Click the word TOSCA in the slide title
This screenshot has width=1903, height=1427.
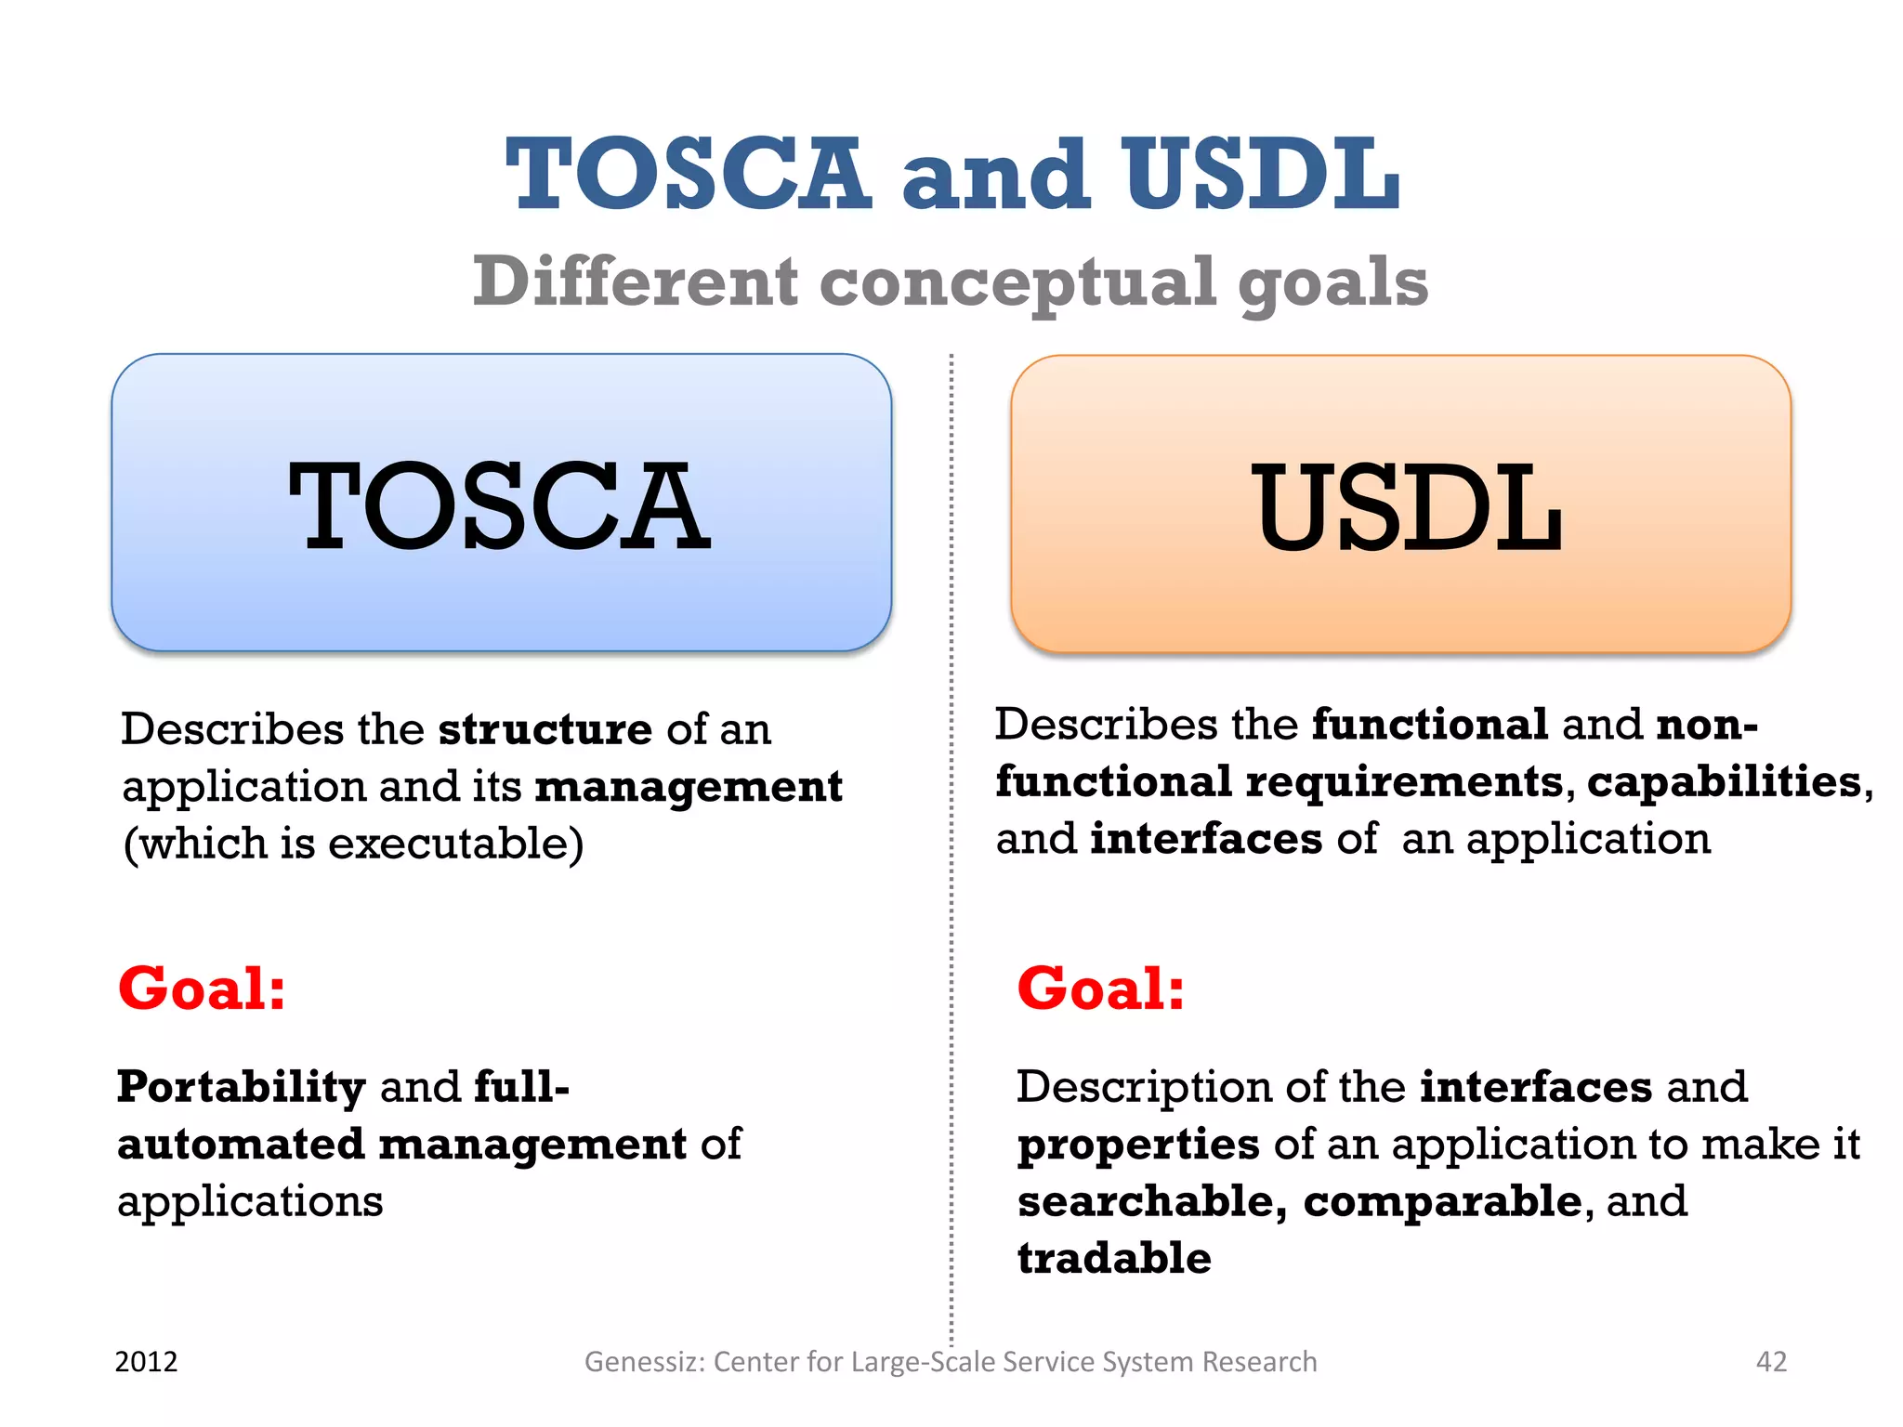pyautogui.click(x=688, y=174)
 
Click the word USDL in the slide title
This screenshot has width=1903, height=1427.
pyautogui.click(x=1261, y=174)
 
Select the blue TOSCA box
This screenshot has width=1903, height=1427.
pyautogui.click(x=501, y=503)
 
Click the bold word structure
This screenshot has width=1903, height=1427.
pyautogui.click(x=545, y=729)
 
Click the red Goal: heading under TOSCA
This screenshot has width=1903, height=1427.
pyautogui.click(x=202, y=988)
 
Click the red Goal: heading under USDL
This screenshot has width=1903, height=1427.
pyautogui.click(x=1100, y=988)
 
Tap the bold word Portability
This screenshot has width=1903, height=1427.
pyautogui.click(x=242, y=1087)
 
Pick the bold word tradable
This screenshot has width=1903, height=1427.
pyautogui.click(x=1114, y=1258)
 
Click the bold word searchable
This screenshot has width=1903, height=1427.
pyautogui.click(x=1151, y=1201)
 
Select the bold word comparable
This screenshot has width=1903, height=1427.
pyautogui.click(x=1442, y=1201)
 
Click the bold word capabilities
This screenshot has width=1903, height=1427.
pyautogui.click(x=1724, y=782)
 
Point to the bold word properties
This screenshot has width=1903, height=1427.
pyautogui.click(x=1138, y=1145)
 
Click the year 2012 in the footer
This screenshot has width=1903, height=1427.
pyautogui.click(x=146, y=1362)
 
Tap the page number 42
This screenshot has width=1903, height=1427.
pyautogui.click(x=1771, y=1362)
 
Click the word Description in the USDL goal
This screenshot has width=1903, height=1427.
pyautogui.click(x=1143, y=1087)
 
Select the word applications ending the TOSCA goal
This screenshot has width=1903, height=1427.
pyautogui.click(x=250, y=1202)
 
